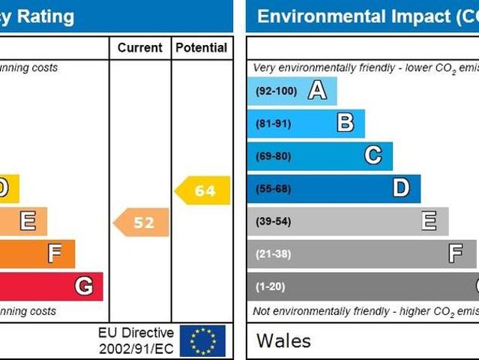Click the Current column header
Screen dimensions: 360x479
click(139, 48)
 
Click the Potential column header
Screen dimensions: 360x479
click(201, 48)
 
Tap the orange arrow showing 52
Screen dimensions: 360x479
click(142, 222)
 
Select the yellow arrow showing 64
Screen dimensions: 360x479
click(203, 190)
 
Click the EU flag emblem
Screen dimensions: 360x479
click(202, 340)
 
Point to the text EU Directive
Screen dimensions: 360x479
click(136, 332)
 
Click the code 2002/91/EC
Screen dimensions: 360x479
click(136, 349)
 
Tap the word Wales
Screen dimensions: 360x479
click(283, 340)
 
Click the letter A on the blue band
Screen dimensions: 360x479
click(317, 91)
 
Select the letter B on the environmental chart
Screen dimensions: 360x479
click(345, 123)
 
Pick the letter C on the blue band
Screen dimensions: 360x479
click(373, 156)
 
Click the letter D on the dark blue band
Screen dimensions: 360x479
click(401, 188)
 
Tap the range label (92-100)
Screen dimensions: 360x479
click(276, 91)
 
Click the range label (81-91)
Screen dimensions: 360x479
click(273, 124)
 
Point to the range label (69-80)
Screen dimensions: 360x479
click(273, 156)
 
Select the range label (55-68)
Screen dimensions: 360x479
click(273, 188)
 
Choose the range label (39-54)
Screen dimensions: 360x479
click(273, 221)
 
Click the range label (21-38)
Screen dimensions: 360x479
click(273, 253)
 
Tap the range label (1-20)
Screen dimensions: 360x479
click(271, 286)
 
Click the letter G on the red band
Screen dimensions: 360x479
click(84, 286)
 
